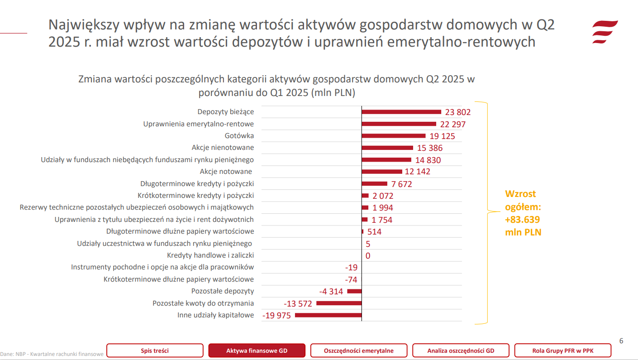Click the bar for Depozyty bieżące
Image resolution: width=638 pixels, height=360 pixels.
coord(401,112)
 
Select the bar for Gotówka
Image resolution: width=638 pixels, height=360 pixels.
coord(394,136)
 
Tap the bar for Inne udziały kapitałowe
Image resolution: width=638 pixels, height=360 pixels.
coord(328,315)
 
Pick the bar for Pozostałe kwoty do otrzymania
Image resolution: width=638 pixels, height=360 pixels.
coord(339,303)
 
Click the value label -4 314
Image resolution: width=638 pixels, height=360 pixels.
coord(331,292)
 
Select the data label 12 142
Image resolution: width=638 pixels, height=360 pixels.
coord(417,172)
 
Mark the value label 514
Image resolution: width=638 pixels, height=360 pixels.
coord(374,232)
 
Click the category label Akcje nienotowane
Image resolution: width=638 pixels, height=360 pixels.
coord(223,148)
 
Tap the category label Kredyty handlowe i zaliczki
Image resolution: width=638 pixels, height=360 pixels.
coord(210,255)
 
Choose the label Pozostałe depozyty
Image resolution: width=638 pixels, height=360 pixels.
coord(223,291)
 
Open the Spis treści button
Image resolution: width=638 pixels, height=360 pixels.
coord(155,350)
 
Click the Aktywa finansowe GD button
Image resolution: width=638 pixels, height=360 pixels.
coord(257,350)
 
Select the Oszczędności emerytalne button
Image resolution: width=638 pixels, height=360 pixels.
coord(359,350)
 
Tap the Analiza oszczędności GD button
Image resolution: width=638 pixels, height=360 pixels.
coord(461,350)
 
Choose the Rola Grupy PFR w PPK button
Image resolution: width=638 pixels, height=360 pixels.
coord(562,350)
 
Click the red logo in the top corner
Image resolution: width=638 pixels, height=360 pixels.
coord(605,32)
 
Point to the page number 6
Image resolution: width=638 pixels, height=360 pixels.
coord(621,341)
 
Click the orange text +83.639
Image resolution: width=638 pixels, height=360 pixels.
coord(523,220)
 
